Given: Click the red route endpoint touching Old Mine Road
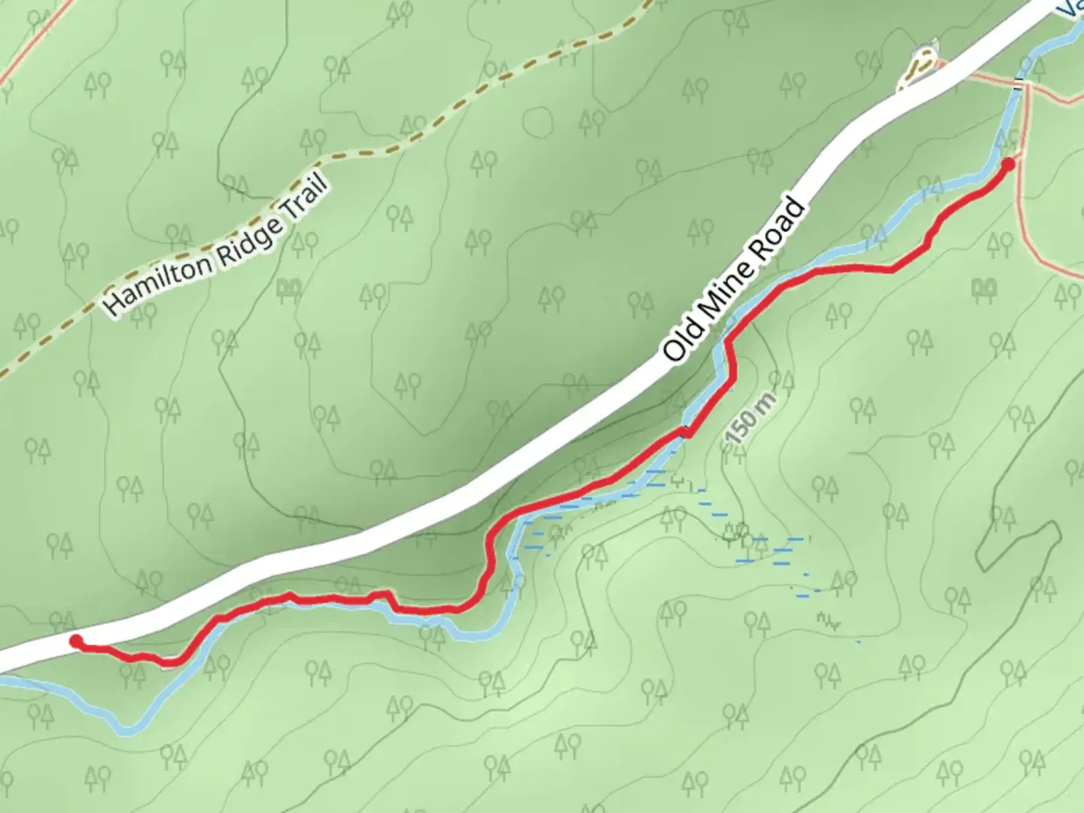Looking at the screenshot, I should coord(75,641).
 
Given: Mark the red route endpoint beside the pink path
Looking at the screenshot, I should coord(1009,163).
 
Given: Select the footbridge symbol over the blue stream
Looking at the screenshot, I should coord(1020,83).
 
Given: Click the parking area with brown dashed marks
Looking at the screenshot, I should coord(920,69).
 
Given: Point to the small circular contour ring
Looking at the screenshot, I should coord(537,121).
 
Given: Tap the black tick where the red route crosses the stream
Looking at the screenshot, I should coord(684,431).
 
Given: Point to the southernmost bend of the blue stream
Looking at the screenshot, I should coord(128,729).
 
